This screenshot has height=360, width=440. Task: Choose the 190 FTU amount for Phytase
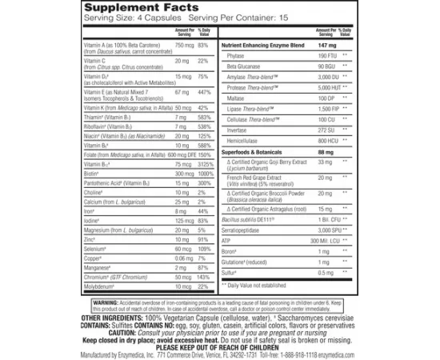tap(316, 57)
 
